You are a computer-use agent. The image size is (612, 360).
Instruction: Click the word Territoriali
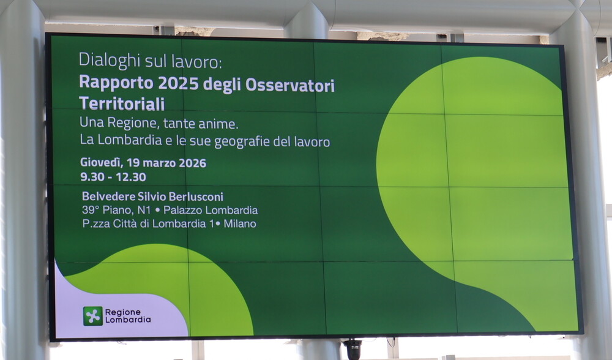[122, 103]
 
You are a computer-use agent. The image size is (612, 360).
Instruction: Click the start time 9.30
[92, 177]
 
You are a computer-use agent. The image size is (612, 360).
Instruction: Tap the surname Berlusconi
[195, 197]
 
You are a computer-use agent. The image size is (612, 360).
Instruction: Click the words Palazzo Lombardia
[211, 210]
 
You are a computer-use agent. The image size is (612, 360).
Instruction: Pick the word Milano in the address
[240, 223]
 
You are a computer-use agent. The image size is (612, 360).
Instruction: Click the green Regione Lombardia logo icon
[93, 315]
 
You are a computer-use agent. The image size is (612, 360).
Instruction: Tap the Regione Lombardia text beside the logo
[127, 315]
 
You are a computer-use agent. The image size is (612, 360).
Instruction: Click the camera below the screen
[353, 348]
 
